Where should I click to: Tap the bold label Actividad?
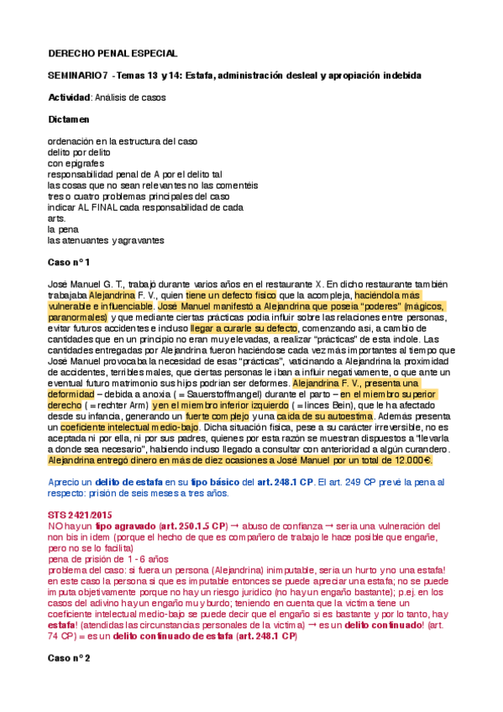(69, 97)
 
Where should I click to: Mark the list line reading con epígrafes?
(76, 163)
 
